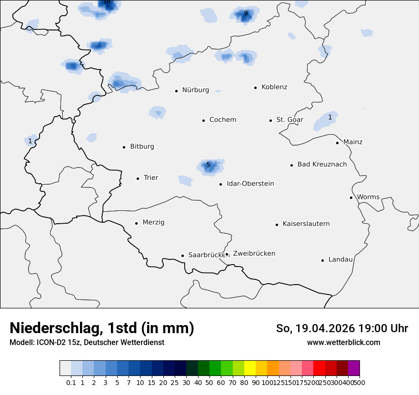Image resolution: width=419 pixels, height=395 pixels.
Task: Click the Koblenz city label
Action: (274, 87)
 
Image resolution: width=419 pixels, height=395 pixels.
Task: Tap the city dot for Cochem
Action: (203, 120)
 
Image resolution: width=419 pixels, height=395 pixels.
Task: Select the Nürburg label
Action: (195, 90)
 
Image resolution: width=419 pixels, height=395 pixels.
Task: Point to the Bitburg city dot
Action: (124, 147)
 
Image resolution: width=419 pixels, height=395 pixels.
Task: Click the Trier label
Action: (151, 178)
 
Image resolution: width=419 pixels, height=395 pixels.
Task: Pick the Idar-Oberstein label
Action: (250, 184)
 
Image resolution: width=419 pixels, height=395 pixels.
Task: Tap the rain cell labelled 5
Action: (208, 165)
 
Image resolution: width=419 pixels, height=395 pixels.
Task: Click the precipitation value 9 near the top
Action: (246, 13)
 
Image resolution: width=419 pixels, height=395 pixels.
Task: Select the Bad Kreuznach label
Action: (322, 164)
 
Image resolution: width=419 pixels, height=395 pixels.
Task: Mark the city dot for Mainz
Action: (337, 143)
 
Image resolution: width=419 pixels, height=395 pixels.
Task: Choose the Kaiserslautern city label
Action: (306, 224)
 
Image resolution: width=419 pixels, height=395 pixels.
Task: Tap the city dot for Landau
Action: (322, 260)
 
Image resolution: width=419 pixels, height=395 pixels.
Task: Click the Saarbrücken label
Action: (207, 255)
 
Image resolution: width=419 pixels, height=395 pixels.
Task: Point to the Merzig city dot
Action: (136, 223)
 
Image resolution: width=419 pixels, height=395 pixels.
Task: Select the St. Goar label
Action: (289, 120)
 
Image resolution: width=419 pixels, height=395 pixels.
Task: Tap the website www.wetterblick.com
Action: (343, 343)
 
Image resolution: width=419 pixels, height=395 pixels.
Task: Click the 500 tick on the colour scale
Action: (360, 382)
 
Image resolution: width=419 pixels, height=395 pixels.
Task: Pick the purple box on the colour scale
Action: (354, 368)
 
